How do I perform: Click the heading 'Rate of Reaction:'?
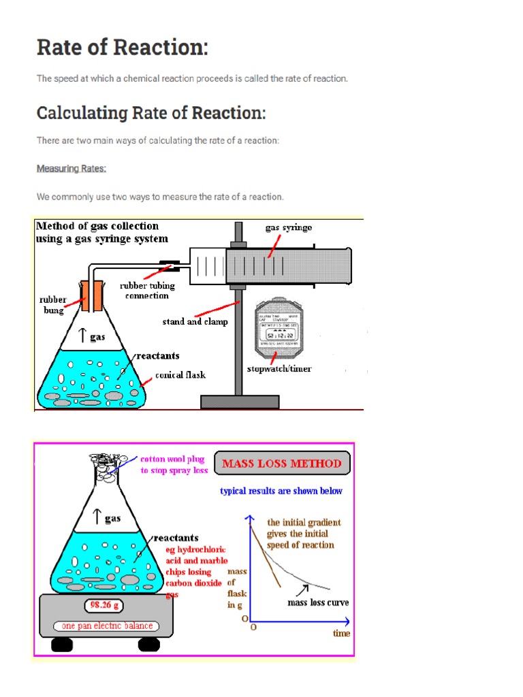point(123,48)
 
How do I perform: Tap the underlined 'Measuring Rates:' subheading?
point(72,168)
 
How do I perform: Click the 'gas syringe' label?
point(289,227)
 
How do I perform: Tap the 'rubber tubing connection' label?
point(144,291)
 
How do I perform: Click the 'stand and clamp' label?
point(195,321)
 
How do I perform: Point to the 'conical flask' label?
point(180,374)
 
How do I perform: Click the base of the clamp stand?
point(240,402)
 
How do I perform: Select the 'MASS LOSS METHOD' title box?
point(283,464)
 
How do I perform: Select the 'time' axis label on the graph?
point(341,633)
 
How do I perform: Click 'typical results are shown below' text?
point(281,491)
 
